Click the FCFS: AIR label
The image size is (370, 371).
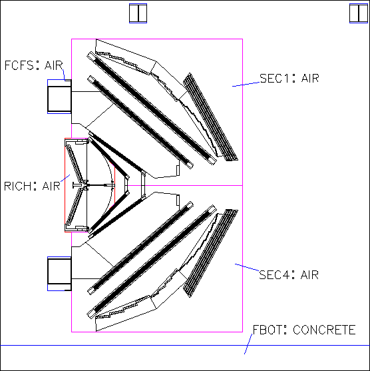(x=34, y=65)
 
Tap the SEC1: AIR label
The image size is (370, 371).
(x=289, y=78)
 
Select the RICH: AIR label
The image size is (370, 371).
(x=32, y=186)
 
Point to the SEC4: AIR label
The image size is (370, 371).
(x=289, y=274)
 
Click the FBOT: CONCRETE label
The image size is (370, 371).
(x=304, y=330)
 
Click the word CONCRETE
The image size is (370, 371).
(x=324, y=330)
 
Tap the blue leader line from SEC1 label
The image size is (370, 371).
(x=246, y=84)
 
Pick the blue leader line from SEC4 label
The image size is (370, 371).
(x=247, y=267)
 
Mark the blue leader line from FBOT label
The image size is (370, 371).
(x=248, y=344)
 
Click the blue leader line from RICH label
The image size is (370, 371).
(x=65, y=178)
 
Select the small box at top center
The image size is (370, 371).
(x=138, y=13)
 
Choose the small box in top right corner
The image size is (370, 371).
(x=359, y=13)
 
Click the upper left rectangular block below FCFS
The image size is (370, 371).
(x=59, y=97)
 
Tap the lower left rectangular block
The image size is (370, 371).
(x=59, y=274)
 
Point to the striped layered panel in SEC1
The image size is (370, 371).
(x=210, y=117)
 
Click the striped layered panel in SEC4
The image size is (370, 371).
(x=210, y=253)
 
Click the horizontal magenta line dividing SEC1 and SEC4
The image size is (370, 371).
(x=185, y=185)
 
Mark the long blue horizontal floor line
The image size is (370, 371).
(x=185, y=345)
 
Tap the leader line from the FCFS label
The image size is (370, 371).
(x=64, y=75)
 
